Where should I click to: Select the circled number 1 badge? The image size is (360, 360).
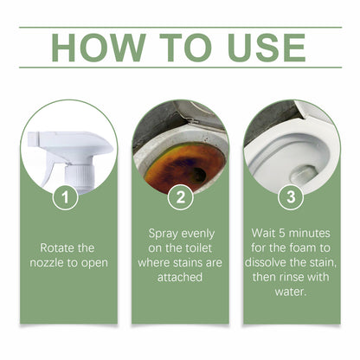(x=69, y=197)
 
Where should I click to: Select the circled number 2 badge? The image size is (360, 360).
(x=179, y=197)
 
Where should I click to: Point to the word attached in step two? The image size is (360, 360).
(x=179, y=278)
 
